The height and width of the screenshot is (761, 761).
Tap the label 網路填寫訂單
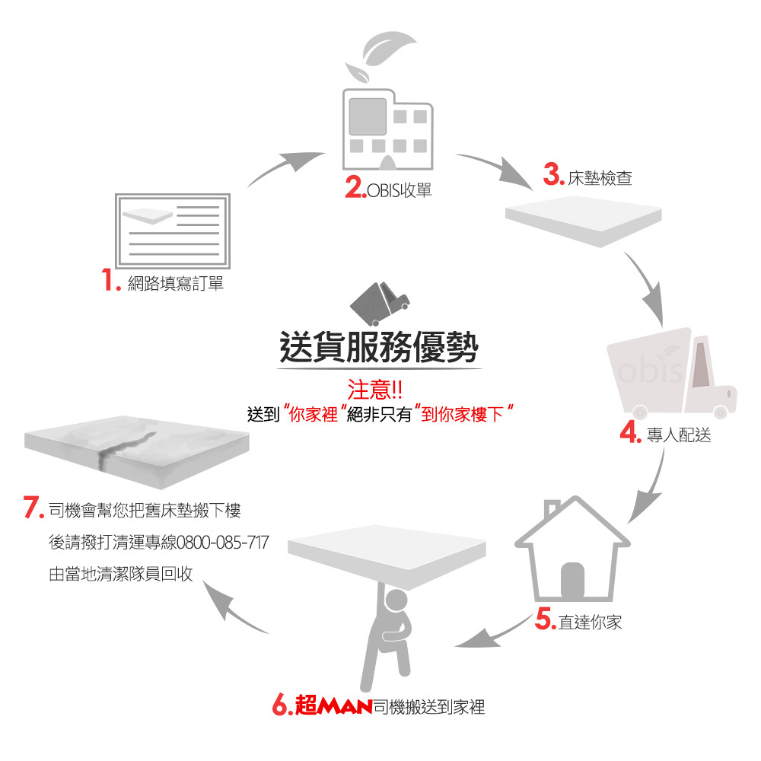(176, 284)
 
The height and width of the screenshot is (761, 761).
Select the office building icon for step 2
(388, 129)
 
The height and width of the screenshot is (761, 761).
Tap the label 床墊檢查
(600, 178)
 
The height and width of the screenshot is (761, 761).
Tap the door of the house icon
(572, 583)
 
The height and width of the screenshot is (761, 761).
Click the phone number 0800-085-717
(222, 543)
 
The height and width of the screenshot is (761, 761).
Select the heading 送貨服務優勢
(378, 348)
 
